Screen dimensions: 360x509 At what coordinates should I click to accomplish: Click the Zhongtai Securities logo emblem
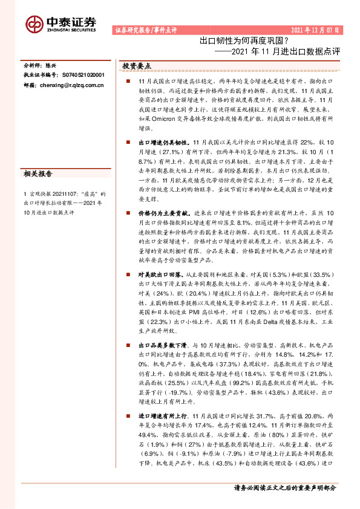click(x=34, y=23)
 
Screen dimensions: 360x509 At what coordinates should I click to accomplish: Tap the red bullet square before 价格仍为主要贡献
click(x=128, y=214)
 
